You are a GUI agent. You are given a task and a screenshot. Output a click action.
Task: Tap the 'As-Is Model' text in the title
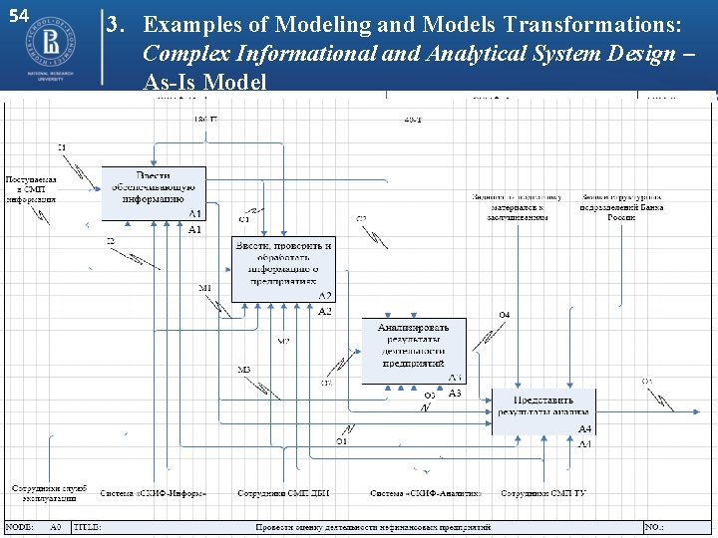click(x=204, y=82)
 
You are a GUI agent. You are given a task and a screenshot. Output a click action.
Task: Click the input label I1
click(x=62, y=147)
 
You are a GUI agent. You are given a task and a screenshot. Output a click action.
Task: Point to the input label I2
click(x=111, y=240)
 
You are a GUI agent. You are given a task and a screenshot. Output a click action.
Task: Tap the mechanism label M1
click(x=205, y=289)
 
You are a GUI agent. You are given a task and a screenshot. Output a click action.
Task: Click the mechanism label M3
click(x=244, y=370)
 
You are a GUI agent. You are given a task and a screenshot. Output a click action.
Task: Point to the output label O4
click(x=505, y=315)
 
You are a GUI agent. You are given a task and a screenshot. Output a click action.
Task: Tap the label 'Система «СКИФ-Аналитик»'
click(x=426, y=493)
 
